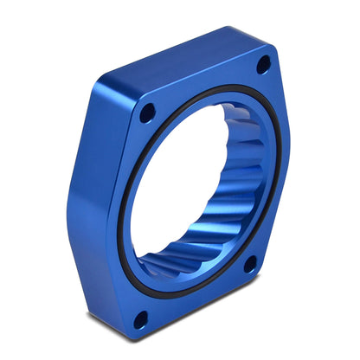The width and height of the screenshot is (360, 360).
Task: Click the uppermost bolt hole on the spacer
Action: point(264,63)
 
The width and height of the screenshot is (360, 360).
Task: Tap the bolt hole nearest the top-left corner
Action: point(147,111)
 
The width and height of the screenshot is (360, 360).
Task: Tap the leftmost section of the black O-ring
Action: point(120,216)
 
